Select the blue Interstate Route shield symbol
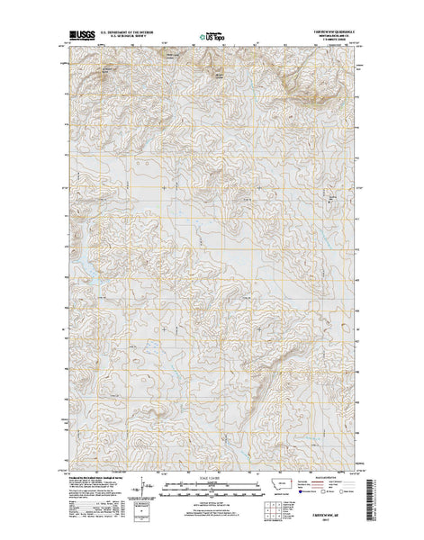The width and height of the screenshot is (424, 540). click(304, 493)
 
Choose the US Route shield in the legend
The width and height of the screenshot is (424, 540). click(326, 493)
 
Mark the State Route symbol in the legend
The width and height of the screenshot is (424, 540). click(347, 493)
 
